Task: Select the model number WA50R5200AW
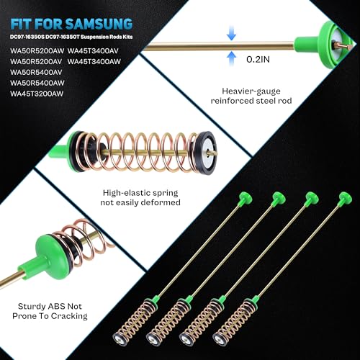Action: [35, 50]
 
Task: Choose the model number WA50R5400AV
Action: [35, 71]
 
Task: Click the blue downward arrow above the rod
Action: [230, 33]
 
